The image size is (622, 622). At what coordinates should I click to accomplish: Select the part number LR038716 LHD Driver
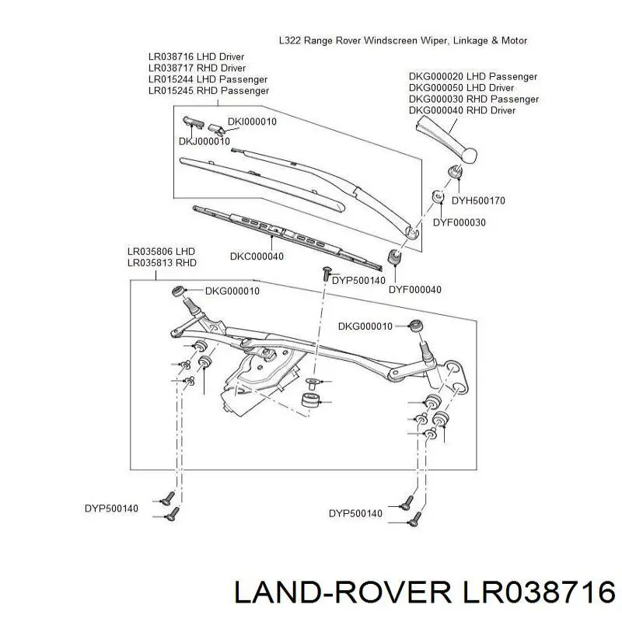tap(196, 57)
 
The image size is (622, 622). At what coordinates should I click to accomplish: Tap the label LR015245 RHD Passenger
tap(208, 90)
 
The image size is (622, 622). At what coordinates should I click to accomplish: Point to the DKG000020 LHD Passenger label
tap(473, 77)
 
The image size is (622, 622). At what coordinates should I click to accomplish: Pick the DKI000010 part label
tap(252, 121)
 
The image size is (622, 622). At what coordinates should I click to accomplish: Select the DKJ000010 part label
tap(204, 141)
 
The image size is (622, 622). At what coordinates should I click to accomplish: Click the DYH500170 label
tap(478, 200)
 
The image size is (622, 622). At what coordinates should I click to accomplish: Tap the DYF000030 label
tap(459, 222)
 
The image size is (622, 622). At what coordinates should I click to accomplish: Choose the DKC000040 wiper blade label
tap(257, 257)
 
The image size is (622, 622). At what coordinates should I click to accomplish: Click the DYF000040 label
tap(415, 289)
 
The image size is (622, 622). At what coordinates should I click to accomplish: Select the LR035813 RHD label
tap(162, 263)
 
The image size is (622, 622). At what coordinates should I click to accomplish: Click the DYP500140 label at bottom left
tap(111, 508)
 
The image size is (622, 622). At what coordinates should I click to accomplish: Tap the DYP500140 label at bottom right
tap(355, 513)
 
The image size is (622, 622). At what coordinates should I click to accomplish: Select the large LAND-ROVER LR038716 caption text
tap(423, 594)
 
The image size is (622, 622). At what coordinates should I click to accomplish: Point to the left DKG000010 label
tap(232, 291)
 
